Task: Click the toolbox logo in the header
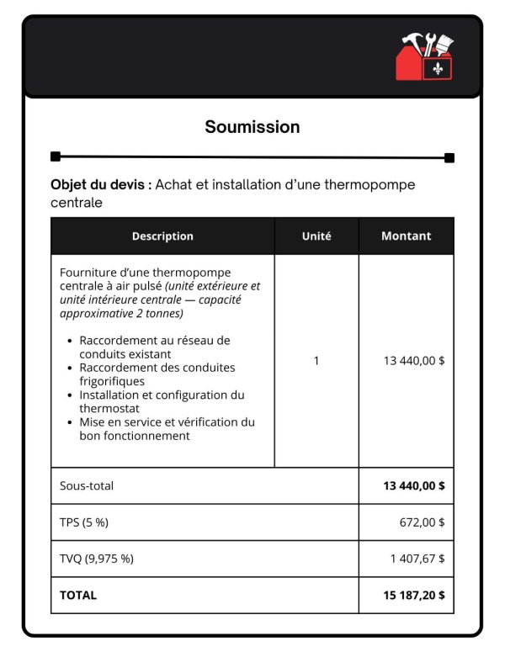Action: point(425,57)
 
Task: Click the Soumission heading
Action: point(252,127)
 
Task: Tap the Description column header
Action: point(162,236)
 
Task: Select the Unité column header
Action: point(316,236)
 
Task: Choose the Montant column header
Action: point(406,236)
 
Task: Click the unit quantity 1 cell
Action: point(316,361)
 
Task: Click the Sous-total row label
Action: point(87,486)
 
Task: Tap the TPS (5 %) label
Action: point(84,522)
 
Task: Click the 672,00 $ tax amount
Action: point(422,522)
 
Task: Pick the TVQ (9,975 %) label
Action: point(96,559)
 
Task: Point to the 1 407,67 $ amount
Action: point(417,559)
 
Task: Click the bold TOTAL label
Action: point(78,595)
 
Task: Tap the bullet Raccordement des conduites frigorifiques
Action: point(157,374)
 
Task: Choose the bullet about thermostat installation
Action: point(162,401)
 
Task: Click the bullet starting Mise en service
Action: point(167,429)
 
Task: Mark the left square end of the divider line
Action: point(56,156)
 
